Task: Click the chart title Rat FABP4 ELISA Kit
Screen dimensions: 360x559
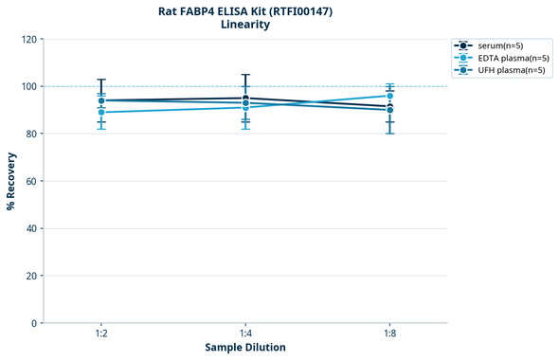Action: (245, 11)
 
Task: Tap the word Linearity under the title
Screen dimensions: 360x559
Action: (245, 25)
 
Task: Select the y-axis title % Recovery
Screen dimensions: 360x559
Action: (11, 180)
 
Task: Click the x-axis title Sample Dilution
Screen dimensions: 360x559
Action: (245, 348)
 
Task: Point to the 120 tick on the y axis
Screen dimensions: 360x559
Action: (29, 39)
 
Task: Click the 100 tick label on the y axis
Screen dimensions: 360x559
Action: (29, 86)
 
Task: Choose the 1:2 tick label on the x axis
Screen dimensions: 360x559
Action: (101, 333)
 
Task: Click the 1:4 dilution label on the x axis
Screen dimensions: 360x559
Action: (245, 333)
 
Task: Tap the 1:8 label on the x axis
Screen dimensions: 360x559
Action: (389, 333)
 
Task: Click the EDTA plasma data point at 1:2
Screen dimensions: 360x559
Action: (101, 112)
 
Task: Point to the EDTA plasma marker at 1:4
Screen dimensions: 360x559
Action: (245, 107)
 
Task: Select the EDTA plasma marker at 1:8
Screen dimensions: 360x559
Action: (389, 96)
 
